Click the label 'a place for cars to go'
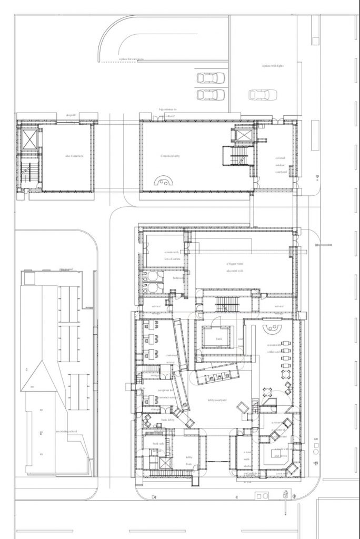tap(132, 59)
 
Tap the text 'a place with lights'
tap(273, 66)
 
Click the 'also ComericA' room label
tap(74, 156)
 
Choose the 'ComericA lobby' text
tap(172, 156)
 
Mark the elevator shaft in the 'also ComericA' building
tap(29, 138)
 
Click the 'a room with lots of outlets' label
tap(172, 255)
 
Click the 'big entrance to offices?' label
tap(168, 112)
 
